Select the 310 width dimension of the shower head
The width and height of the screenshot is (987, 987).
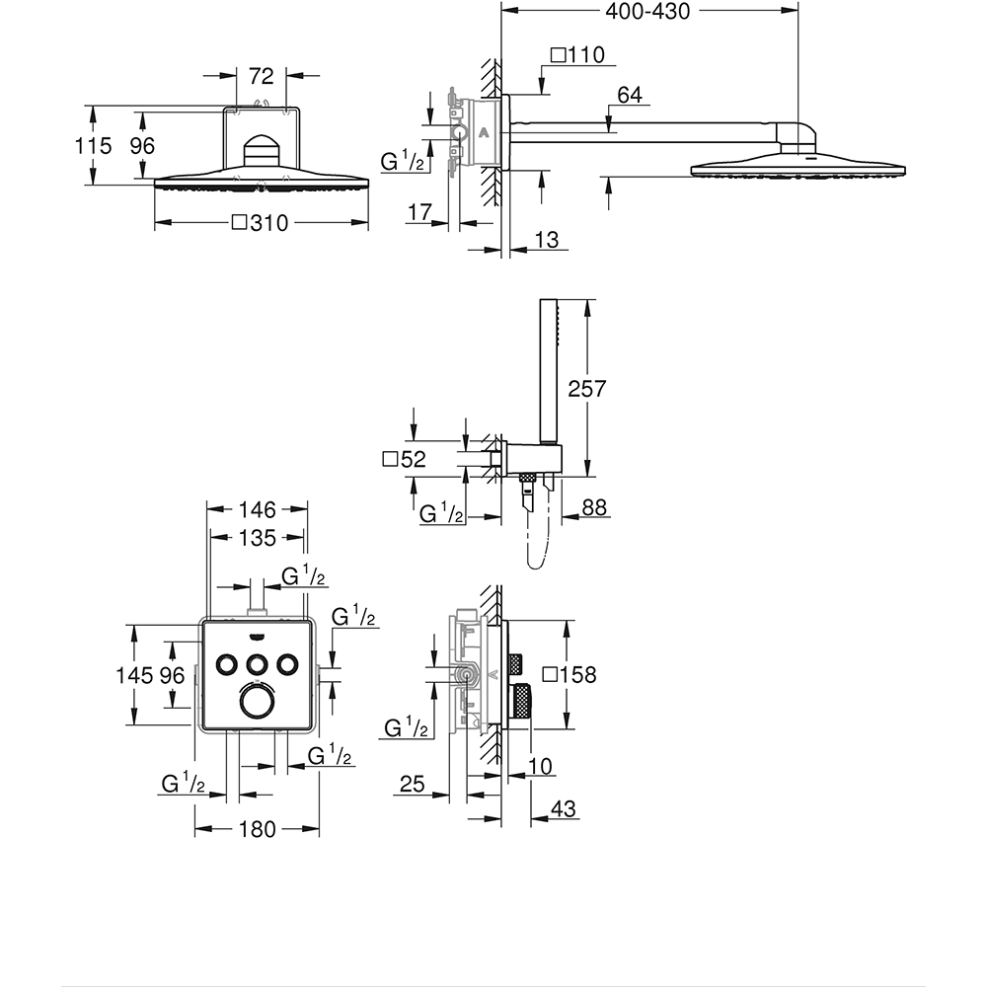tap(260, 223)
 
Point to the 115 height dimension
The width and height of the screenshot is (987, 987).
tap(94, 145)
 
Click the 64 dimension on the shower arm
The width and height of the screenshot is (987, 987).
tap(630, 95)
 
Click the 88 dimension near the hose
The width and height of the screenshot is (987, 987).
tap(595, 507)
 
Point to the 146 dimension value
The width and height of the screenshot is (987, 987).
tap(257, 510)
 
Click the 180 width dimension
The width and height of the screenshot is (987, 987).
tap(258, 830)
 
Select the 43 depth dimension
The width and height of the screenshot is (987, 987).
tap(563, 808)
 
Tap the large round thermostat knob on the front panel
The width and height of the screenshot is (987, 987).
tap(257, 702)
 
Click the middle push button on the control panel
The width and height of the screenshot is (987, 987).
tap(257, 662)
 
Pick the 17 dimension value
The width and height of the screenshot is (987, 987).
tap(418, 211)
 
